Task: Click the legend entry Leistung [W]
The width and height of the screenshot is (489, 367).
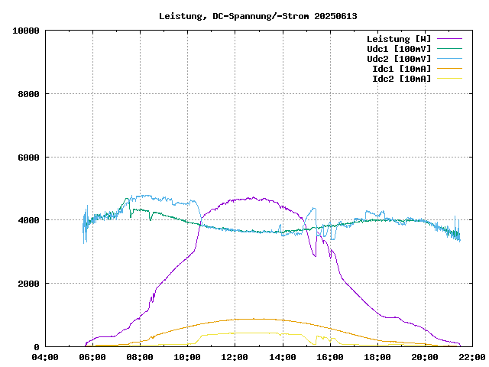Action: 398,39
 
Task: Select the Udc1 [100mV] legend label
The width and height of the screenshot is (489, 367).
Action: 398,49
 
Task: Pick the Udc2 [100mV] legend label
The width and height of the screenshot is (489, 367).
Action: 398,59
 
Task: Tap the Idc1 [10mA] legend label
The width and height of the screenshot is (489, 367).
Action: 400,69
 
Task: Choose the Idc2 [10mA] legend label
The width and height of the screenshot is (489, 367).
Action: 400,79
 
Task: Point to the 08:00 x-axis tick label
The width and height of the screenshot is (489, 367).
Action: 140,357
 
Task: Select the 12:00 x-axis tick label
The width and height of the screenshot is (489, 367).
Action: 235,357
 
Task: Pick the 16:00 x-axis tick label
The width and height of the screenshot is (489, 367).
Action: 330,357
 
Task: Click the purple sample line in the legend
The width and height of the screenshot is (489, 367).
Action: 449,39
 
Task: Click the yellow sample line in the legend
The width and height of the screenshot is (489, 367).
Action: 449,79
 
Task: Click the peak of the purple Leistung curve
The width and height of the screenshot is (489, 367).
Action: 252,198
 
